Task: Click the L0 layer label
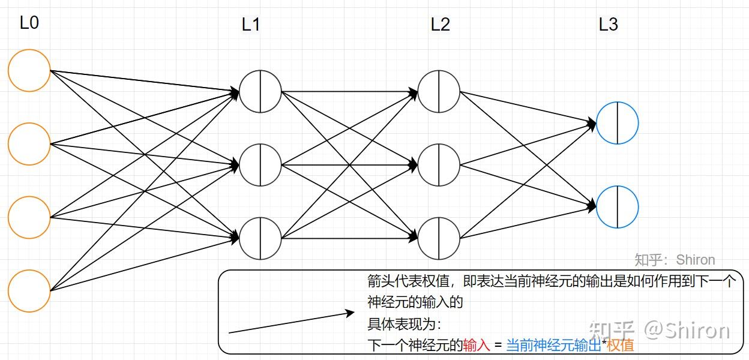click(x=29, y=23)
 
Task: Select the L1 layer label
click(x=251, y=25)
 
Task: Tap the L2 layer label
click(x=441, y=25)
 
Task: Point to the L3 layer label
click(x=609, y=25)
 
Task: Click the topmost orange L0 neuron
click(x=29, y=71)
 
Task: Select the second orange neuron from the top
click(x=29, y=144)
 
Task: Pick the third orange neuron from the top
click(x=29, y=217)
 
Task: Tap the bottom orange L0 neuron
click(x=29, y=291)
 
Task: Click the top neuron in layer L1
click(x=260, y=92)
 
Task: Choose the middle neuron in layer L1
click(x=260, y=164)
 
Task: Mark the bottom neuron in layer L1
click(x=260, y=238)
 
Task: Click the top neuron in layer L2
click(x=439, y=92)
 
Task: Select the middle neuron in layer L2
click(x=439, y=164)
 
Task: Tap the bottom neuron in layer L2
click(x=439, y=238)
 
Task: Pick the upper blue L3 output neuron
click(x=618, y=123)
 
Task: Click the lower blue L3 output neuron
click(x=618, y=207)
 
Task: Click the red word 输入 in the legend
click(x=477, y=346)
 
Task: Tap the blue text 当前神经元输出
click(x=553, y=346)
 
